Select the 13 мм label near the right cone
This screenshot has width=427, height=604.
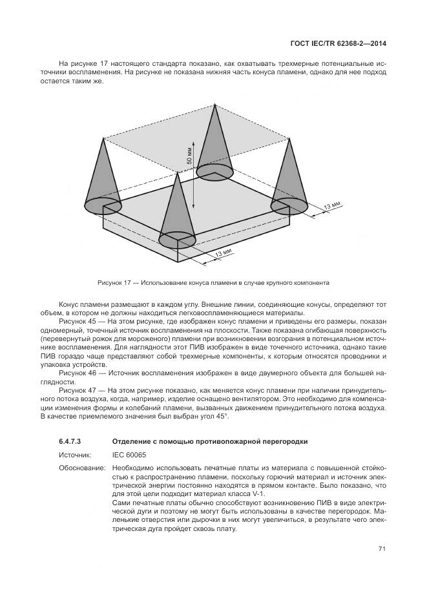coord(331,206)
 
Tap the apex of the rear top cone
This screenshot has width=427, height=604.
coord(214,104)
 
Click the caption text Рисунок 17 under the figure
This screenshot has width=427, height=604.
coord(114,283)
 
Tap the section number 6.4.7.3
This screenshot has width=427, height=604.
coord(69,441)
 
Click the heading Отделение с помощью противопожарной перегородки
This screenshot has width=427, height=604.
coord(209,441)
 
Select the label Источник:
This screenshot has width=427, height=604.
coord(75,455)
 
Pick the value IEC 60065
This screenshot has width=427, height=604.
coord(129,455)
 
